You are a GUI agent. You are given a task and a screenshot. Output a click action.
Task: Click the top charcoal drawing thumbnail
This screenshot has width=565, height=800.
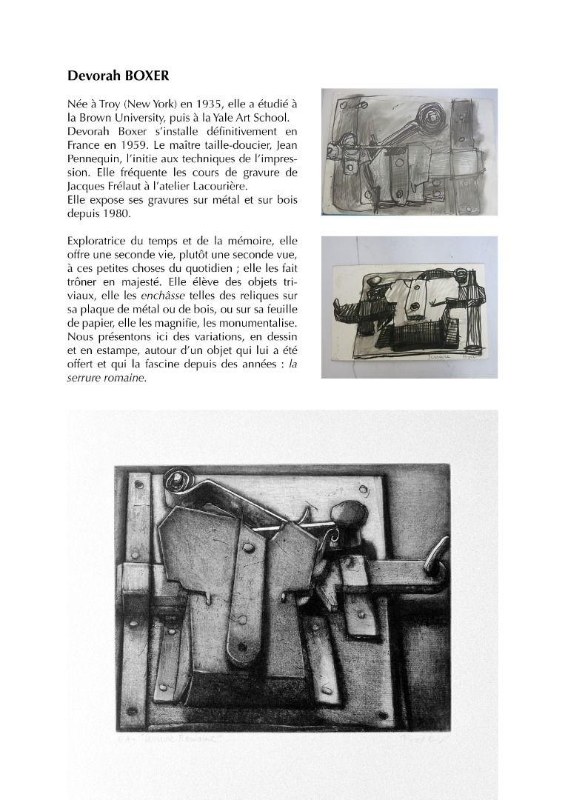point(398,152)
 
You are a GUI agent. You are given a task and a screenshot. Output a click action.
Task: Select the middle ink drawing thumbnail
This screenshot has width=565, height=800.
point(398,307)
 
